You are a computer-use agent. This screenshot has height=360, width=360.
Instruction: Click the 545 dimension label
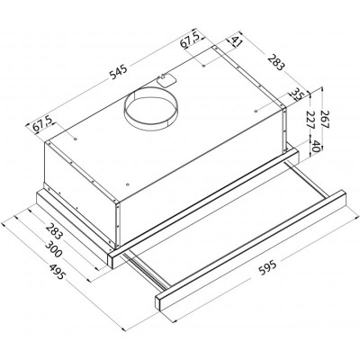point(119,72)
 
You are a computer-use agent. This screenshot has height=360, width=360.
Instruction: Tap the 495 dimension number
point(56,272)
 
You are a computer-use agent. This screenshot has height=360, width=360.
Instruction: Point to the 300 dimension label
point(53,249)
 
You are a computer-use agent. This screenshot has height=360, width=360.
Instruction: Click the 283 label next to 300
point(55,231)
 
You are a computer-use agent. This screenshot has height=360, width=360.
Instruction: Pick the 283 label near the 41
point(275,62)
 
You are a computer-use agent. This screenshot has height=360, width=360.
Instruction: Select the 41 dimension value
point(237,40)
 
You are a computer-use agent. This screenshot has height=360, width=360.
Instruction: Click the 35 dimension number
point(296,94)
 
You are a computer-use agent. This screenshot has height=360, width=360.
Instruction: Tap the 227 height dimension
point(311,121)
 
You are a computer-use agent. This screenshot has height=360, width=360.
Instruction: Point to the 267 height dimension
point(325,119)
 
